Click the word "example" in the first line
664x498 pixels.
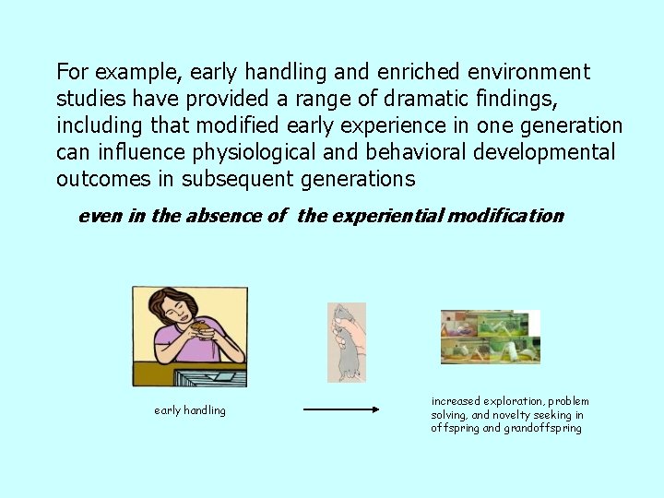[127, 72]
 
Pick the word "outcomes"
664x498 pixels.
[101, 178]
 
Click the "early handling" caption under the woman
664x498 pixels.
[189, 410]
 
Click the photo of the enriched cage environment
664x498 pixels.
[489, 337]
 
